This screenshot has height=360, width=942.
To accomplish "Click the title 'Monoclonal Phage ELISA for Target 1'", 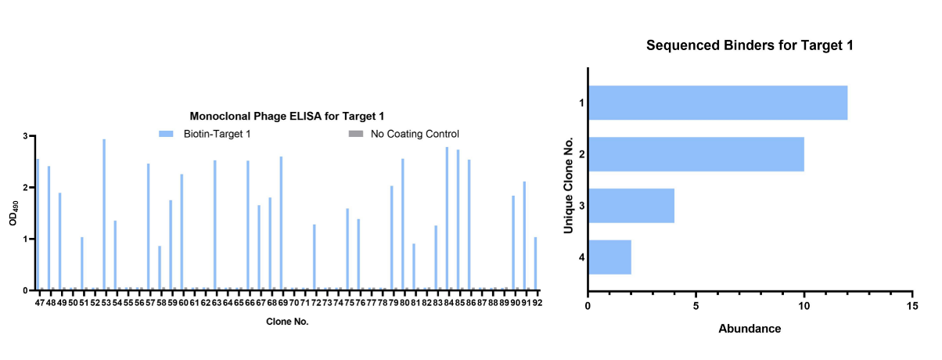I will point(287,117).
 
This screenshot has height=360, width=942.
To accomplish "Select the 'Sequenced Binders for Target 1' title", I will point(749,45).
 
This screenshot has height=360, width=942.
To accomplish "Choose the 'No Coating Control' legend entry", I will point(415,134).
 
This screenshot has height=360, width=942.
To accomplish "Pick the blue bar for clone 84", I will point(447,218).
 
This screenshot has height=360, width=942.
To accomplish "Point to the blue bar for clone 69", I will point(281,223).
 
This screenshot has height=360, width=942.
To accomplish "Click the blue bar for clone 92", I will point(535,263).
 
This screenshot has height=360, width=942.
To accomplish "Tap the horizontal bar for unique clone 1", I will point(717,103).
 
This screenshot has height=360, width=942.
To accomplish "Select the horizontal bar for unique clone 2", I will point(696,154).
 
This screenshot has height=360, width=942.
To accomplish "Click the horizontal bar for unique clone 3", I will point(631,206).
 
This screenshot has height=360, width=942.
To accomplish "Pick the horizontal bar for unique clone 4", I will point(609,257).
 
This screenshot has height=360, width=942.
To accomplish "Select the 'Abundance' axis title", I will point(749,329).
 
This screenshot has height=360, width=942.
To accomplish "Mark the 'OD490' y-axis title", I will point(13,213).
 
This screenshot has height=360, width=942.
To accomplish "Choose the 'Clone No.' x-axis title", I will point(287,321).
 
